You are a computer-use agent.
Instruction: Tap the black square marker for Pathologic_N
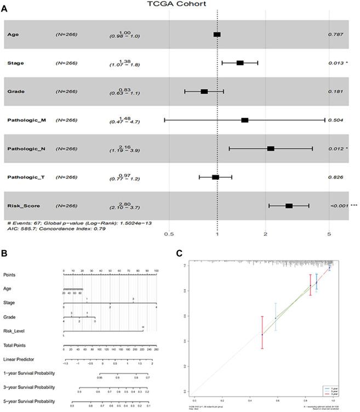click(271, 149)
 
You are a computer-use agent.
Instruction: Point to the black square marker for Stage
click(240, 63)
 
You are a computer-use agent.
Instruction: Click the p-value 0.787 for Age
click(335, 35)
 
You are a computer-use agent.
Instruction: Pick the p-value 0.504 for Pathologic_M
click(335, 120)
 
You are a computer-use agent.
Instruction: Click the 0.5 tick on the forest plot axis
click(169, 233)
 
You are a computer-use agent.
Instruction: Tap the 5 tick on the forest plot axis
click(329, 233)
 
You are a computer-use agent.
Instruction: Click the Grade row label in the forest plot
click(15, 92)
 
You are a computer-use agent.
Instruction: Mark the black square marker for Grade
click(204, 92)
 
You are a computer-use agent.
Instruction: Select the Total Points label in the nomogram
click(17, 346)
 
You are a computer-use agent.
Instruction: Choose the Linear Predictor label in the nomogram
click(20, 360)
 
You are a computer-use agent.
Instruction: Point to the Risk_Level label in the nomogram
click(16, 331)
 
